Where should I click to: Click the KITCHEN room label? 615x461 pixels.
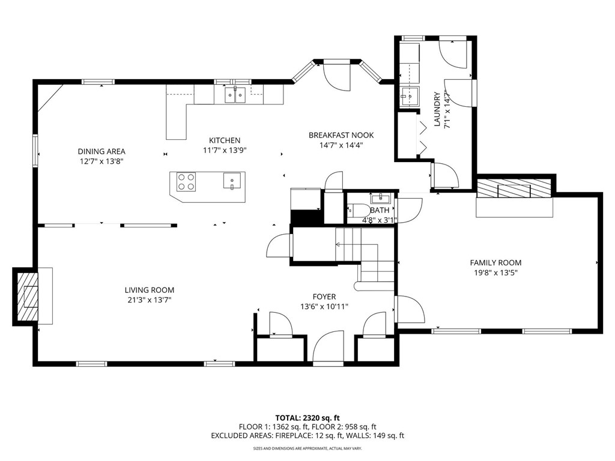[x=225, y=140]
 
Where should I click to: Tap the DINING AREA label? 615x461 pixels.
[x=101, y=151]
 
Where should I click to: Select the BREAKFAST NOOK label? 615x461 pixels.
[x=341, y=135]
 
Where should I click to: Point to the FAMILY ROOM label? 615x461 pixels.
[x=495, y=263]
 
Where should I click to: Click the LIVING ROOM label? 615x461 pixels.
[x=150, y=290]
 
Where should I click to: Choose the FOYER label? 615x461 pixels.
[x=324, y=297]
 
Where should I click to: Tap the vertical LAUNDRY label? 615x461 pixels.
[x=437, y=109]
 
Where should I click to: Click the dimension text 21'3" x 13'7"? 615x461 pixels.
[x=150, y=300]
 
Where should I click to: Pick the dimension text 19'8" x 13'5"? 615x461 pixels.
[x=495, y=273]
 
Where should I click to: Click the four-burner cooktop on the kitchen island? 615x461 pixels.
[x=186, y=182]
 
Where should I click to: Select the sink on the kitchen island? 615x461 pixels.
[x=232, y=181]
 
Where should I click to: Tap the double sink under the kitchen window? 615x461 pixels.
[x=235, y=95]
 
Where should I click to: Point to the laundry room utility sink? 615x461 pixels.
[x=410, y=96]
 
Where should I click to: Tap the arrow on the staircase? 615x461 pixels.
[x=356, y=245]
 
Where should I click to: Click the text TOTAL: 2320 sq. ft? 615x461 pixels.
[x=307, y=418]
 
